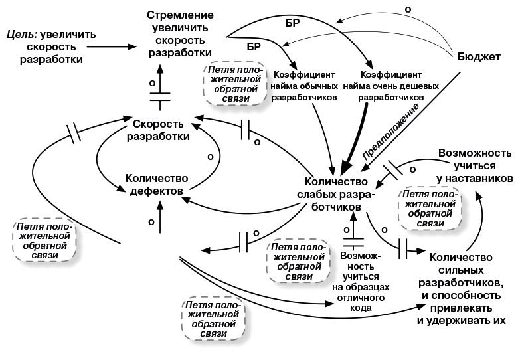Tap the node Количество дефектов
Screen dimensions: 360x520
pos(157,185)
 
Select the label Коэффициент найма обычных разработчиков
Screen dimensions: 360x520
pos(305,86)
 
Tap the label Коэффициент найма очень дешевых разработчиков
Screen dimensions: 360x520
pos(390,86)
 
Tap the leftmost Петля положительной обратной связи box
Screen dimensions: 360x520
pos(44,240)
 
